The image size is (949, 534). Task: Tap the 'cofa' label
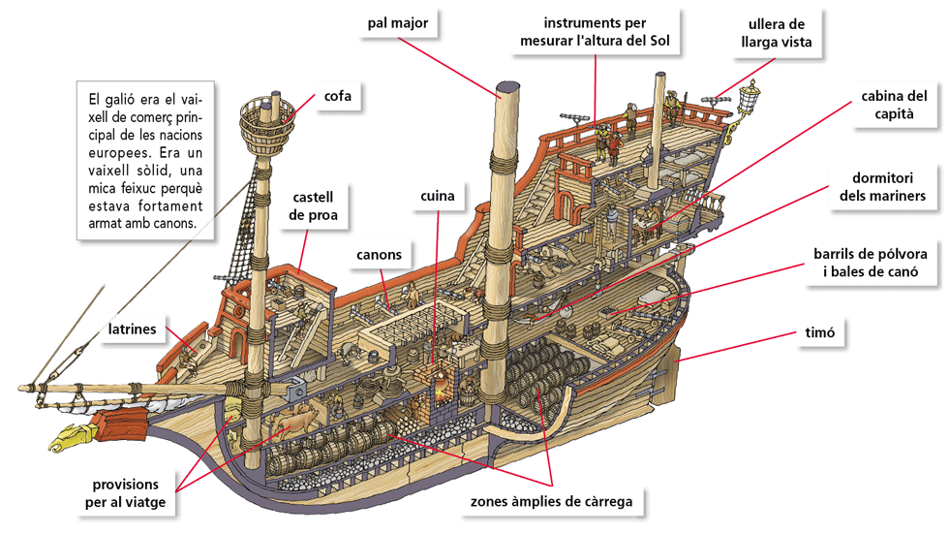tap(337, 98)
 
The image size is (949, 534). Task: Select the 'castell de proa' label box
tap(313, 205)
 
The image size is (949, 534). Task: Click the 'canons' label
tap(379, 255)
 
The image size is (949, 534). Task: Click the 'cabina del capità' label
tap(894, 107)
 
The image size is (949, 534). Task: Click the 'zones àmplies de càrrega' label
tap(551, 502)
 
